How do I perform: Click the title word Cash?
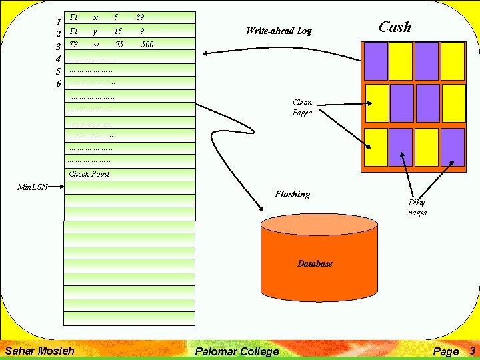pos(395,27)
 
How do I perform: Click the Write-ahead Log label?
pos(279,31)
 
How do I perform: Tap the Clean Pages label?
pos(302,108)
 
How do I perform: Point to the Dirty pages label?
pos(417,208)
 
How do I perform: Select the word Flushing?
pos(293,195)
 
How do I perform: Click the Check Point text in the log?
pos(89,174)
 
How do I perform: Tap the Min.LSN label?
pos(32,187)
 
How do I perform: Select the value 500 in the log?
pos(147,45)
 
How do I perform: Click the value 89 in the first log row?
pos(140,17)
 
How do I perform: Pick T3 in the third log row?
pos(74,45)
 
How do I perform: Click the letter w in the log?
pos(97,45)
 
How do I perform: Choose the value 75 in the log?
pos(119,45)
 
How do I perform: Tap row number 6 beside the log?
pos(59,84)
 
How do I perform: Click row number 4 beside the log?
pos(59,59)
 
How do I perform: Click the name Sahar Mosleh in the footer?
pos(39,351)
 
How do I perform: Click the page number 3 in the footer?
pos(472,351)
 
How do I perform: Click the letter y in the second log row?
pos(95,31)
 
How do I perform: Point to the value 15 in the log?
pos(118,31)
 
